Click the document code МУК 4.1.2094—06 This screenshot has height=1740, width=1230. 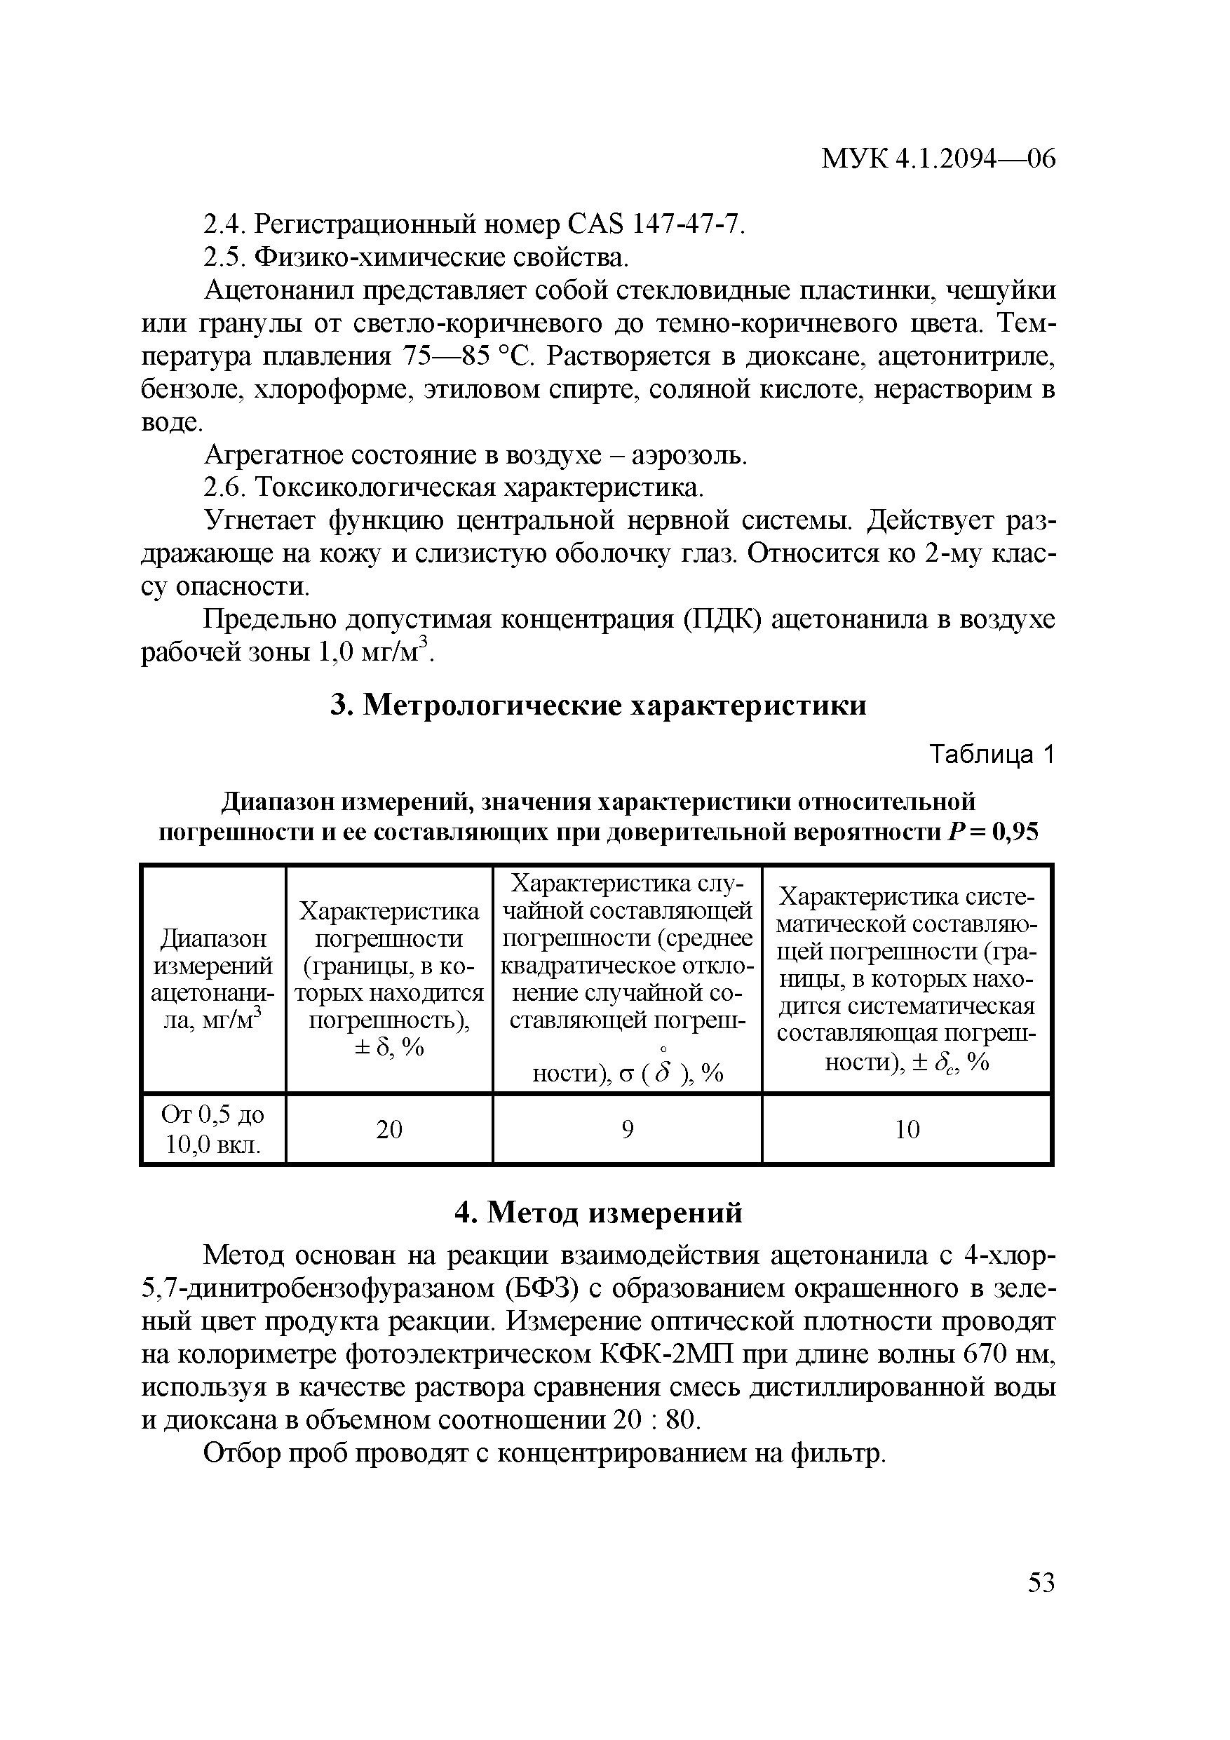pyautogui.click(x=938, y=159)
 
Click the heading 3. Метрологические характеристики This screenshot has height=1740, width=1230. pyautogui.click(x=599, y=706)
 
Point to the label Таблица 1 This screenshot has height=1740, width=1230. pyautogui.click(x=992, y=755)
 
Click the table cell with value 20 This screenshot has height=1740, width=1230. pyautogui.click(x=388, y=1130)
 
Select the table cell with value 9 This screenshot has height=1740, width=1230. pyautogui.click(x=627, y=1130)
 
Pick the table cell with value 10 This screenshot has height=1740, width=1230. pyautogui.click(x=907, y=1130)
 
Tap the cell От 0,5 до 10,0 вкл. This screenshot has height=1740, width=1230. pyautogui.click(x=214, y=1130)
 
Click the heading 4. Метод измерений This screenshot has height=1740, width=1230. pyautogui.click(x=599, y=1213)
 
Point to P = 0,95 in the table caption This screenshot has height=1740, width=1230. pyautogui.click(x=992, y=834)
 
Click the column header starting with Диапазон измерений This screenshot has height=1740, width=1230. pyautogui.click(x=214, y=980)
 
